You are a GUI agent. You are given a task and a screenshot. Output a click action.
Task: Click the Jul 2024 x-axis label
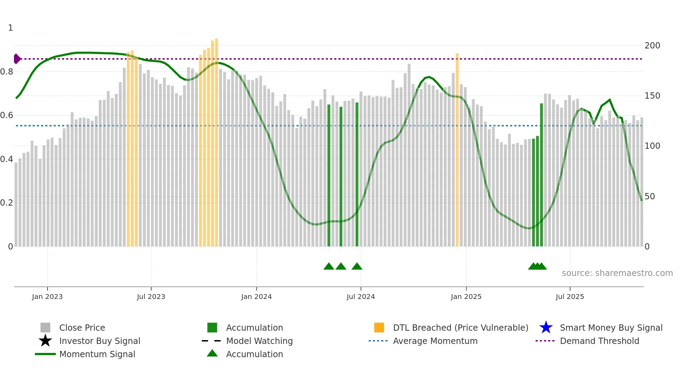[360, 297]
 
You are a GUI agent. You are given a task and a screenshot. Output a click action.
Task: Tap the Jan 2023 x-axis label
[47, 297]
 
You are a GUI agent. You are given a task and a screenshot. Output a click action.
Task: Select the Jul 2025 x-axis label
[570, 297]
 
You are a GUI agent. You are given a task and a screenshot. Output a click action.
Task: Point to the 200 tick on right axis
[652, 46]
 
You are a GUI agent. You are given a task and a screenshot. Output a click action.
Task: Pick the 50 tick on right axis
[649, 197]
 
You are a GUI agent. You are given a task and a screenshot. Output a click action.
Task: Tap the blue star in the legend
[546, 328]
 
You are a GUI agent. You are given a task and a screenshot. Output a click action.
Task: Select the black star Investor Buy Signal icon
[45, 341]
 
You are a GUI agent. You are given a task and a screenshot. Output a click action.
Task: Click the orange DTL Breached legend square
[379, 328]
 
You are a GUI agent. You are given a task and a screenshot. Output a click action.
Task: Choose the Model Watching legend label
[259, 341]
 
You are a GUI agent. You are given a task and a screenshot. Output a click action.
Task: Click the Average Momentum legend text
[435, 341]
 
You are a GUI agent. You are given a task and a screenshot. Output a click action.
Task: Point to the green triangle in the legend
[212, 353]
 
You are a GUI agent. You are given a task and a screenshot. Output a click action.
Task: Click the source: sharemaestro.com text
[617, 273]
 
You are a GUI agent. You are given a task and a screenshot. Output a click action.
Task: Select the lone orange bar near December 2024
[457, 150]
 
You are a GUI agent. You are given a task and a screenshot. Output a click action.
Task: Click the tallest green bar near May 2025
[541, 174]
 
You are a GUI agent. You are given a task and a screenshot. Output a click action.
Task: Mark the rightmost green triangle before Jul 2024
[357, 267]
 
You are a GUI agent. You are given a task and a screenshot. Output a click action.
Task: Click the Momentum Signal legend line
[45, 354]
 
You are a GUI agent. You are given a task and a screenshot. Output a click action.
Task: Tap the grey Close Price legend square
[45, 328]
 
